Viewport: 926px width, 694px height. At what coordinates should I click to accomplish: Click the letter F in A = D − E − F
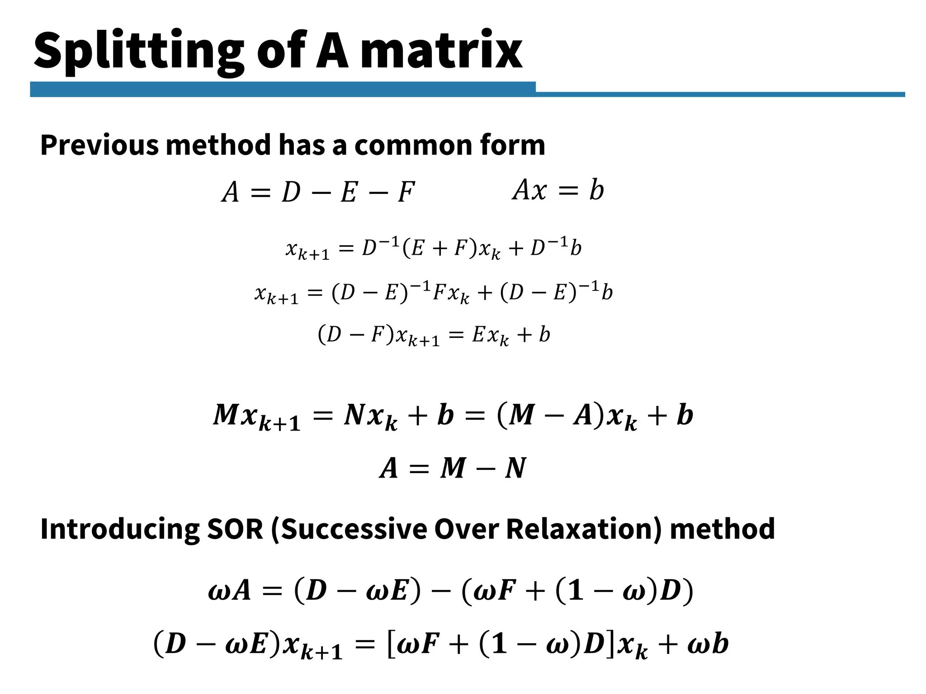[406, 192]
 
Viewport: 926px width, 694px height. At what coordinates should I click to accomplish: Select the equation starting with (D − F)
[434, 336]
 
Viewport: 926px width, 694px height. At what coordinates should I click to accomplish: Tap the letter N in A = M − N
[515, 468]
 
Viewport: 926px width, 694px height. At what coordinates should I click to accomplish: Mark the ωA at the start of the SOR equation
[229, 591]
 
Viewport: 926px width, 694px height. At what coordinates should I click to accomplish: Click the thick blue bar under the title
[283, 89]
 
